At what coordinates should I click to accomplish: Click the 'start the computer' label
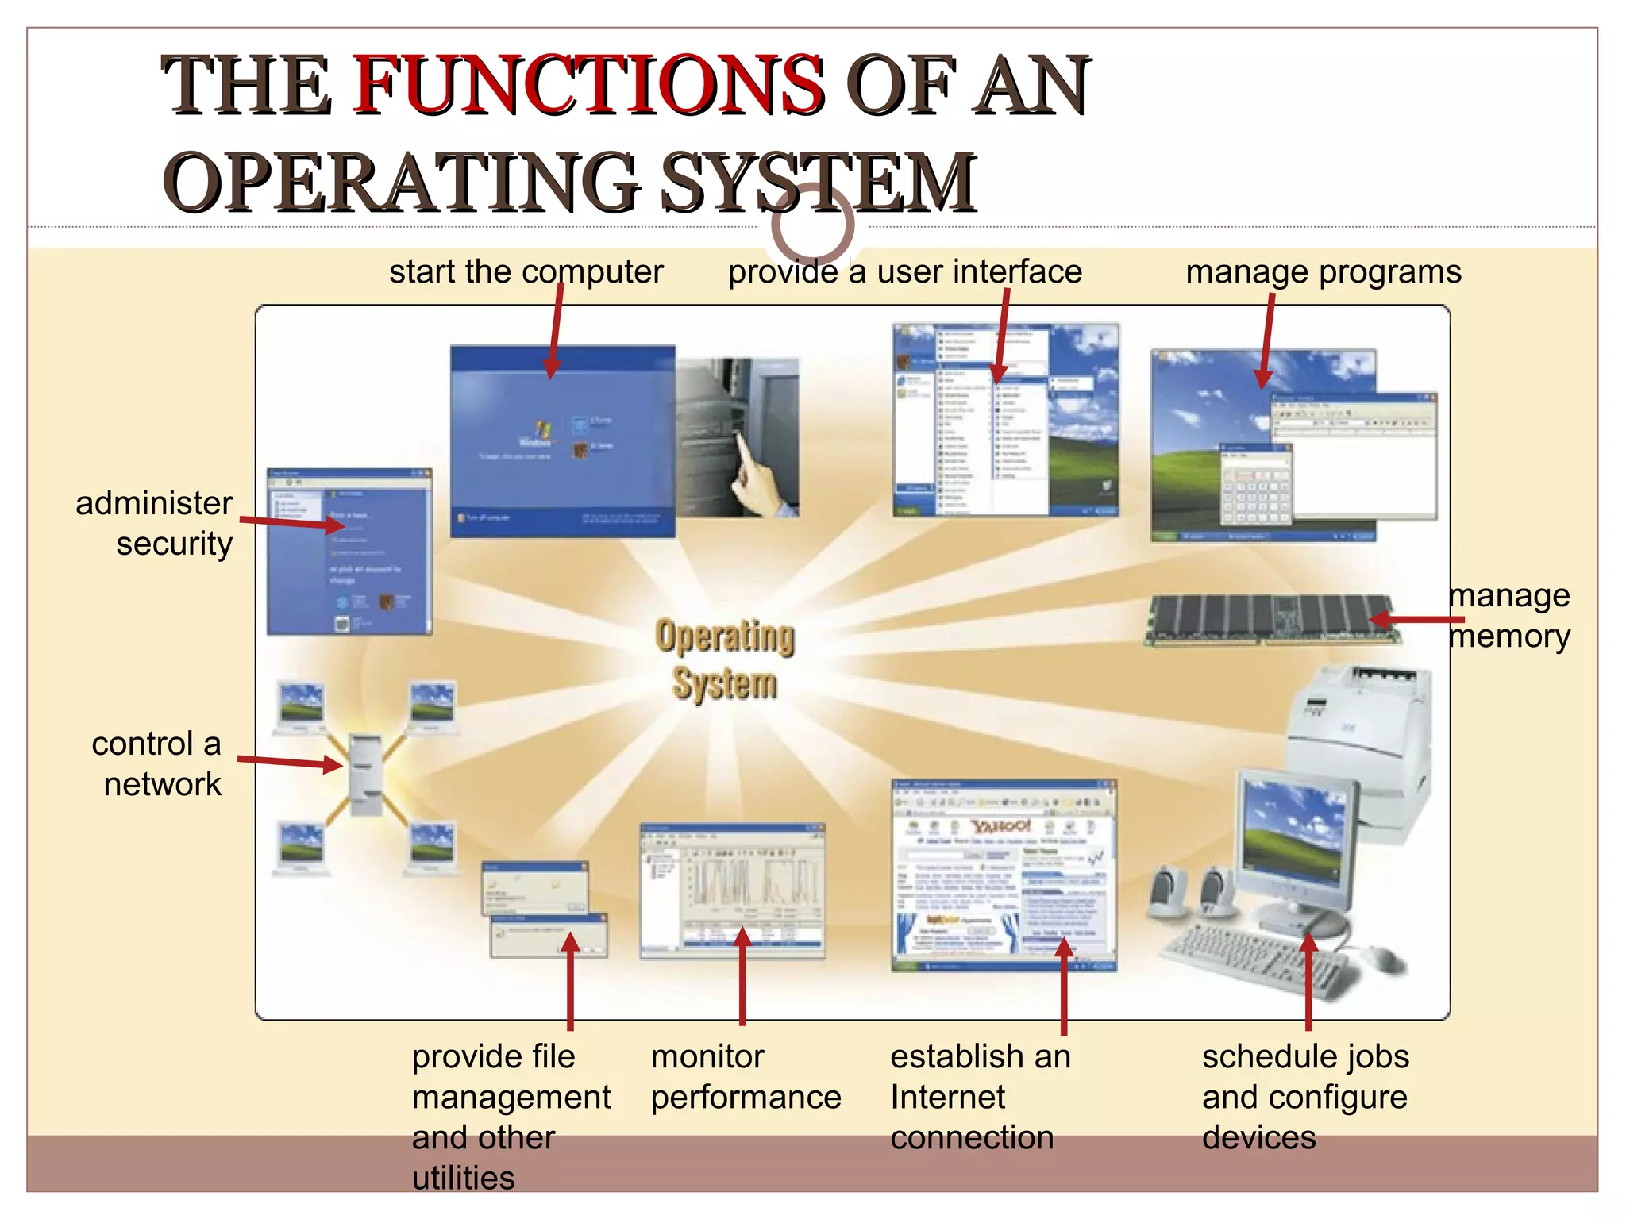click(526, 272)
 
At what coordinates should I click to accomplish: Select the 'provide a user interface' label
click(905, 272)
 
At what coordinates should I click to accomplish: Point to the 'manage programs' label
click(1323, 272)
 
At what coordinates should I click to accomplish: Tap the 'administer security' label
click(156, 524)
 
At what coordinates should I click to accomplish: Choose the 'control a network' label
click(157, 763)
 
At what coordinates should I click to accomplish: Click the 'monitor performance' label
click(745, 1077)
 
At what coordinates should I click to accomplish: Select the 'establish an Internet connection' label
click(980, 1097)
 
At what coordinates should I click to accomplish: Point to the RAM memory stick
click(1270, 619)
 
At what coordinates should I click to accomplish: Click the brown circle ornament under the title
click(812, 225)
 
